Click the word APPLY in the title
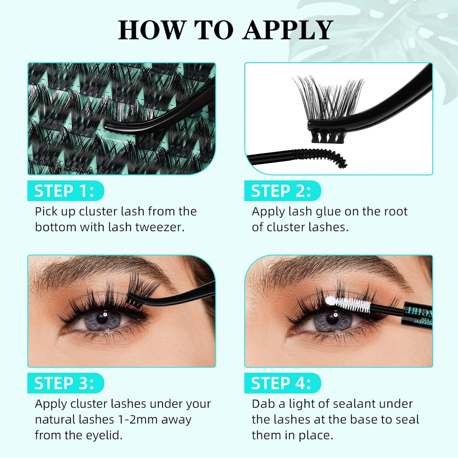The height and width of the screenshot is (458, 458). (288, 30)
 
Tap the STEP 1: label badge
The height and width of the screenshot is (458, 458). (65, 191)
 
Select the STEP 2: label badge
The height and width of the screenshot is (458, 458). (282, 191)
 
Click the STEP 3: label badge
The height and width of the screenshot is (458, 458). (65, 383)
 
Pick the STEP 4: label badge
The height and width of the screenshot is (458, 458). (282, 383)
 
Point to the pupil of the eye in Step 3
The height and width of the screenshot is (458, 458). (102, 318)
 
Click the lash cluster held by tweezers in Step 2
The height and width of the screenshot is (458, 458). (330, 101)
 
